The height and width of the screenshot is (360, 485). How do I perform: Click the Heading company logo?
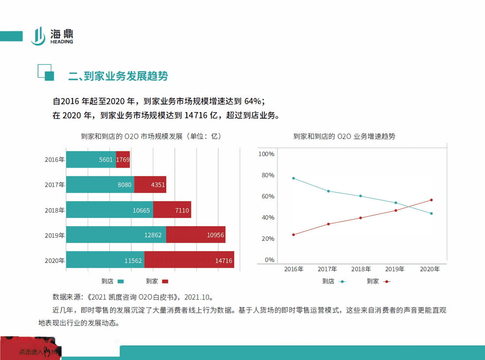pos(52,36)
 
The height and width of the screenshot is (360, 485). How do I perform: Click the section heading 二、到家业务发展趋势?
pos(118,76)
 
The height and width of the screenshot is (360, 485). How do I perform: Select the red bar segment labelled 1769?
pos(123,160)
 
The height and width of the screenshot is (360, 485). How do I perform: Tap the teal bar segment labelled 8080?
pos(100,185)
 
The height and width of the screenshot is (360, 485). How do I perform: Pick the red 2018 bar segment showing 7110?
pos(172,210)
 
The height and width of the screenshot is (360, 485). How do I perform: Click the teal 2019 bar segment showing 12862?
pos(116,235)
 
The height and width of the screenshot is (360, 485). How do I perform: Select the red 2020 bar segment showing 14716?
pos(189,260)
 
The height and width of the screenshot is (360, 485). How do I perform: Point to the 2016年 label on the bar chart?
pos(55,160)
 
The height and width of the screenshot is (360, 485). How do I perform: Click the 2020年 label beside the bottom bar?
pos(55,260)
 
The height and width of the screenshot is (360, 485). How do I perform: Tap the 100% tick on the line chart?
pos(266,154)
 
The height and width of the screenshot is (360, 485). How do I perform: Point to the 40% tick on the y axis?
pos(268,217)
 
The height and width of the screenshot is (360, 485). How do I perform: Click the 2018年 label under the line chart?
pos(361,269)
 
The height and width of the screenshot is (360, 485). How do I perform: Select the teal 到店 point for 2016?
pos(294,178)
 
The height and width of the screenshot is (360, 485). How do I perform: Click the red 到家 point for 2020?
pos(431,200)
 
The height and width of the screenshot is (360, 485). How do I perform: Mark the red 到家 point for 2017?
pos(328,224)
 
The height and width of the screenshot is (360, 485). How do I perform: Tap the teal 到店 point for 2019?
pos(396,203)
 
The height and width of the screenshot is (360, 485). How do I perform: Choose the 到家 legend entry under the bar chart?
pos(157,281)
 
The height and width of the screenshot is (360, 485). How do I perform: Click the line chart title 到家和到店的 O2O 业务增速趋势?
pos(344,136)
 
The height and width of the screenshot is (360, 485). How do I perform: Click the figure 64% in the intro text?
pos(254,101)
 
